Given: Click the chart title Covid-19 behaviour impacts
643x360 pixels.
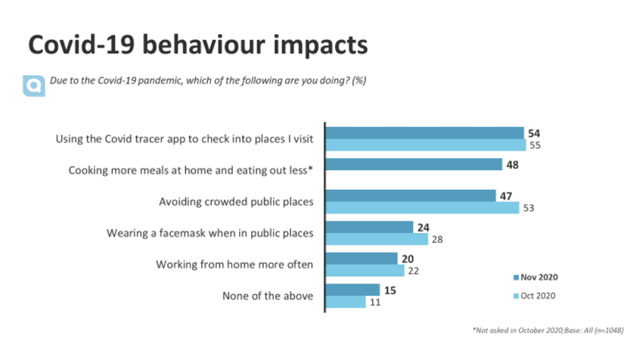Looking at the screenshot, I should point(197,45).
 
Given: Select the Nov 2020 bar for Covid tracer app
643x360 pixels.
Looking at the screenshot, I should point(424,133).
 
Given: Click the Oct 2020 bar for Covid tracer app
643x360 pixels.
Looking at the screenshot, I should point(424,145).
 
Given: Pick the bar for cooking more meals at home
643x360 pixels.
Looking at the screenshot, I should point(414,165).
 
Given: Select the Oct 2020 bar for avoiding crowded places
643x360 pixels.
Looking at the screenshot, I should point(422,208).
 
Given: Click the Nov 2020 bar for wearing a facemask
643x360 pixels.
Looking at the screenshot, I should point(369,227).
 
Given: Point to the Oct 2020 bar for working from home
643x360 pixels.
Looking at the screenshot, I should point(364,271).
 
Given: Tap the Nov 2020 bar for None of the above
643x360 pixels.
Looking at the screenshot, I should point(353,290).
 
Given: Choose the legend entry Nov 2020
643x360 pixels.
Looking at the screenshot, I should point(538,277).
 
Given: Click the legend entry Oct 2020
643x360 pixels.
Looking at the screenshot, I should point(538,296).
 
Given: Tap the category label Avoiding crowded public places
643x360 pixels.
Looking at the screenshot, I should point(236,202).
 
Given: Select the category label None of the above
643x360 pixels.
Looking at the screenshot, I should point(267,296).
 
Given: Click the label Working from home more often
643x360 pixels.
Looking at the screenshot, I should point(235,265).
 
